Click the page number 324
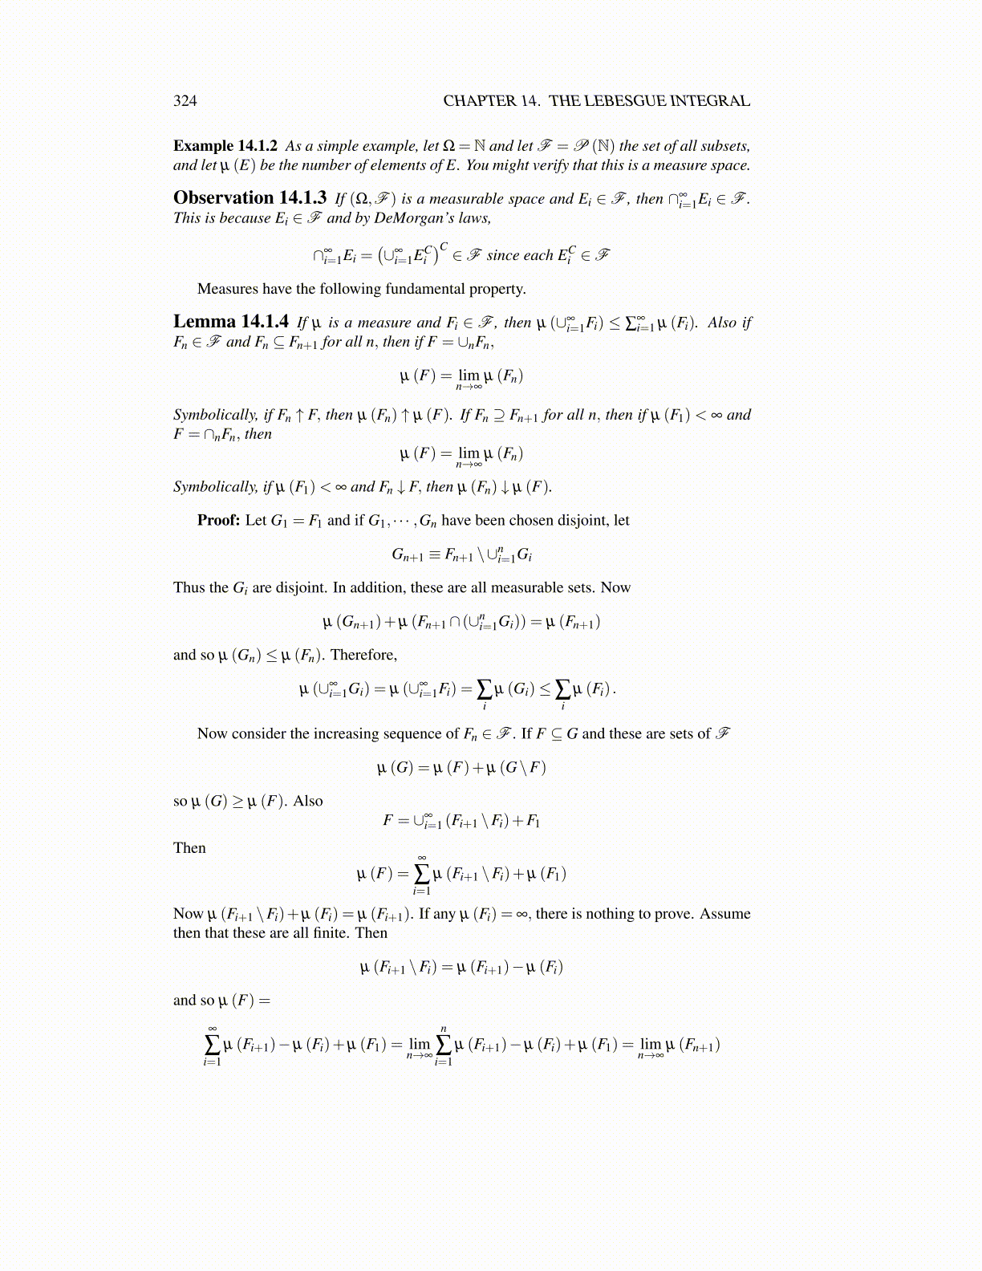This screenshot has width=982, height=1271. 185,100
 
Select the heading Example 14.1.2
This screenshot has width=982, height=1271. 225,146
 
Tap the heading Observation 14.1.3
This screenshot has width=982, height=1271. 250,198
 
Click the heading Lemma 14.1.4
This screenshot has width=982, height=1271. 231,322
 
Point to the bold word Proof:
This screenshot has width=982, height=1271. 218,520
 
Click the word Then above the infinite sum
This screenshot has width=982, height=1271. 189,848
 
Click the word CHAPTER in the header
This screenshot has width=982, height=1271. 479,100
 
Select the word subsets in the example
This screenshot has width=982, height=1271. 725,146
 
